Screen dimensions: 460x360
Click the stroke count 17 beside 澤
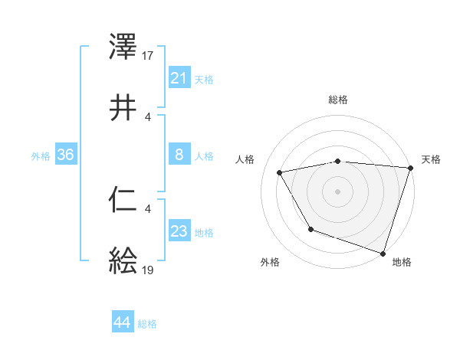click(148, 56)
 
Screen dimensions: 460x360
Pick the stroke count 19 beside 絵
click(148, 270)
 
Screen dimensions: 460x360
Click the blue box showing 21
click(179, 78)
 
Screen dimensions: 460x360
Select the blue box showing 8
click(179, 155)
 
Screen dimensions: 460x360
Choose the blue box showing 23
click(179, 231)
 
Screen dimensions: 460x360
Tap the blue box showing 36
click(65, 155)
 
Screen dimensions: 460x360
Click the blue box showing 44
click(122, 323)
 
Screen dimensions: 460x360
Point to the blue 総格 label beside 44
click(147, 324)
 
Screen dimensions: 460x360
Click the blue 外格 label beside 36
click(41, 155)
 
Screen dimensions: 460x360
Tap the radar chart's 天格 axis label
click(432, 159)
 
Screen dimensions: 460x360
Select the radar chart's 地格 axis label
click(402, 262)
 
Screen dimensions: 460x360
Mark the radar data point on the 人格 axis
click(280, 172)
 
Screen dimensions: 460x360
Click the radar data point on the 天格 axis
click(409, 168)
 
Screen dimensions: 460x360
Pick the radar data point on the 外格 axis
click(310, 229)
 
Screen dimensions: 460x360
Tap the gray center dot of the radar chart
click(338, 191)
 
